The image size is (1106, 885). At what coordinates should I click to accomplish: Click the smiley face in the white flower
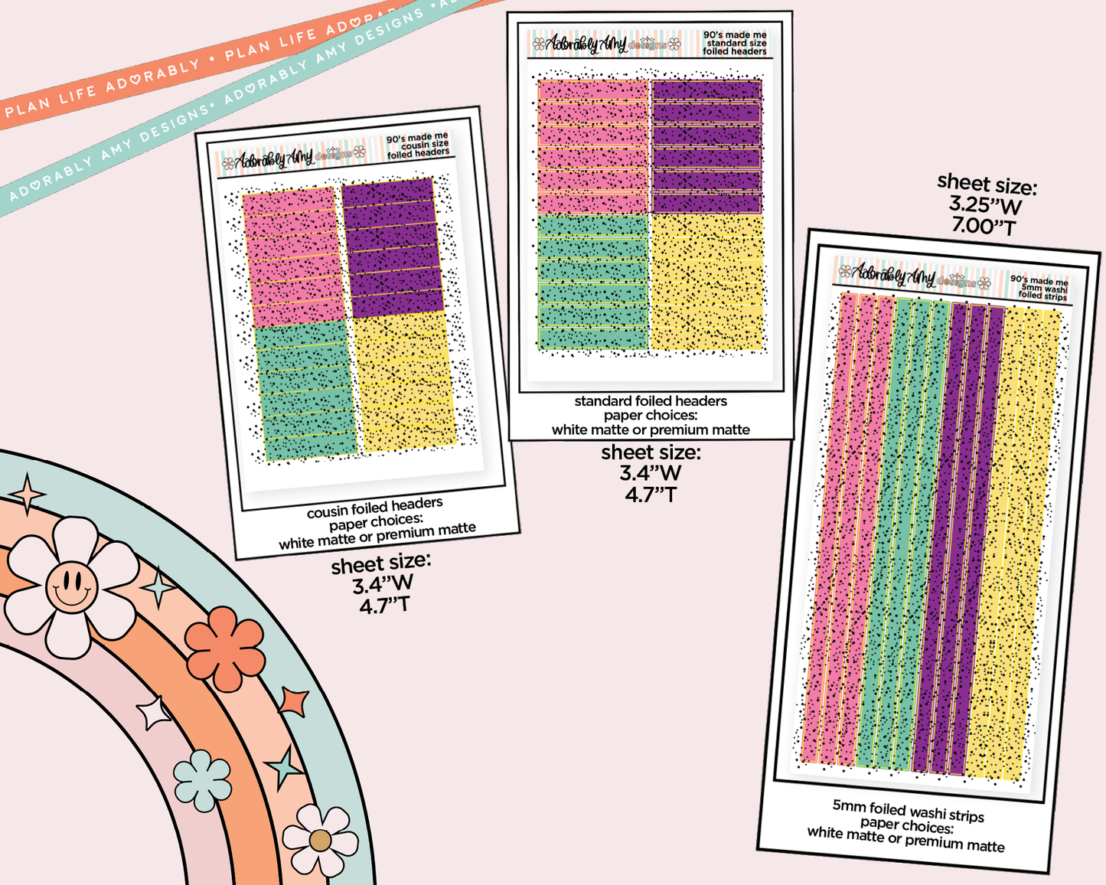(x=71, y=587)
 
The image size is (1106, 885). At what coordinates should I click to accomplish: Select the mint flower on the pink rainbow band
(x=202, y=780)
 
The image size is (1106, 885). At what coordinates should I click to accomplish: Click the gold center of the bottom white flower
(x=320, y=841)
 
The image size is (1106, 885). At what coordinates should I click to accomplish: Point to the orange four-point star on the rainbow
(x=294, y=700)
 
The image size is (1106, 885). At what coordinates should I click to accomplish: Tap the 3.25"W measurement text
(x=985, y=205)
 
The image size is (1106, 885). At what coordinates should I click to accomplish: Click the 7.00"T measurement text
(x=984, y=227)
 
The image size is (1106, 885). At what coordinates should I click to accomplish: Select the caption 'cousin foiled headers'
(x=375, y=507)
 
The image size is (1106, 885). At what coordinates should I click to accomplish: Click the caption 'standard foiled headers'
(x=651, y=401)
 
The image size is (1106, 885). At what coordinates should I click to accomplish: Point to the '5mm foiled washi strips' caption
(x=909, y=810)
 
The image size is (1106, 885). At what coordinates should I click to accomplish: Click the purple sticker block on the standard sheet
(x=706, y=146)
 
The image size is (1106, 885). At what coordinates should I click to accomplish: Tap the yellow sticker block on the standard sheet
(x=707, y=282)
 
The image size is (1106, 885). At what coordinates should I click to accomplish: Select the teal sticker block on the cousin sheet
(x=306, y=390)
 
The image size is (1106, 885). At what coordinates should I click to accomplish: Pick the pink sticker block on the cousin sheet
(x=292, y=256)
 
